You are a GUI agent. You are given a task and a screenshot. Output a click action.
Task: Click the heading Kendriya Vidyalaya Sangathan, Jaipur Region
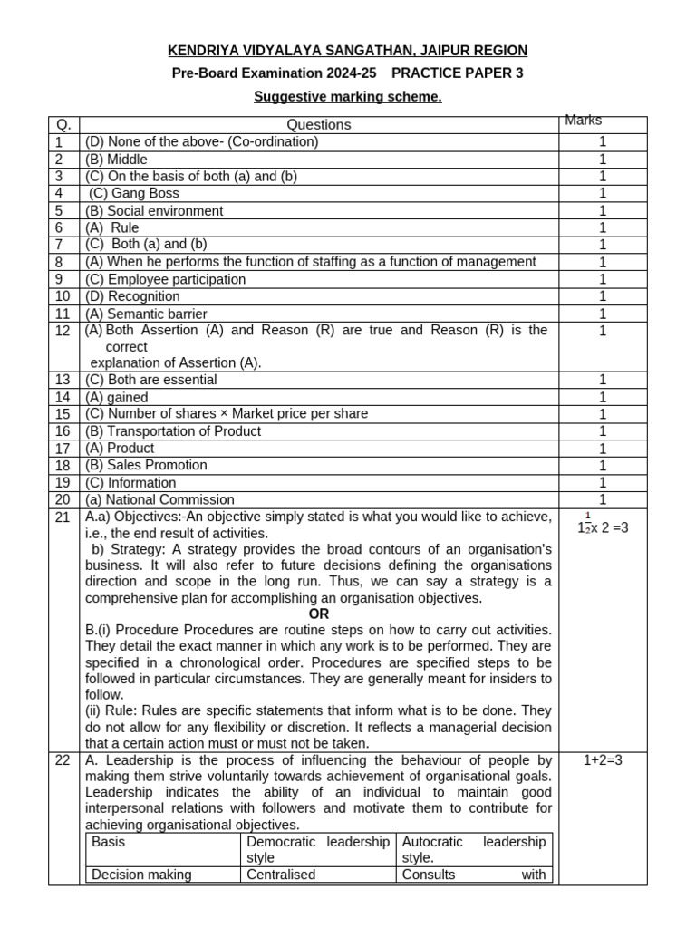tap(348, 51)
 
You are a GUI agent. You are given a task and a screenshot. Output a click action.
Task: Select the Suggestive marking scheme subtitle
tap(348, 97)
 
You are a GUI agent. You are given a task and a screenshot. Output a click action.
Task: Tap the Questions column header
tap(319, 125)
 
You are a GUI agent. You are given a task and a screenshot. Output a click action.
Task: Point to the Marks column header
tap(584, 121)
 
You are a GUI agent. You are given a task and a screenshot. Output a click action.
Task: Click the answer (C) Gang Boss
tap(134, 193)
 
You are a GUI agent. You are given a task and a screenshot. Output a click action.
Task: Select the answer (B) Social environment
tap(154, 210)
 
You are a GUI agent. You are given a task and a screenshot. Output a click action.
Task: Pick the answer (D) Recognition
tap(132, 296)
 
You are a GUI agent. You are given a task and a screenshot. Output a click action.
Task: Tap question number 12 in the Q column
tap(63, 331)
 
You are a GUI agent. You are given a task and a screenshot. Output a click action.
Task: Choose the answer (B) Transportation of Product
tap(173, 431)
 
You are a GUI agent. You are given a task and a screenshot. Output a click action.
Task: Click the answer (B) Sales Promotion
tap(146, 465)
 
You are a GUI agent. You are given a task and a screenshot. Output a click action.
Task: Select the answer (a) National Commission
tap(159, 499)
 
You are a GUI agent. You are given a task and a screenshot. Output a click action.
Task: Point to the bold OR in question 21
tap(319, 614)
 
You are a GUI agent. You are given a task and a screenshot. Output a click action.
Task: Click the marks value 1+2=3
tap(602, 760)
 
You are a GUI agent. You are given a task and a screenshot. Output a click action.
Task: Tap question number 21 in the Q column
tap(63, 517)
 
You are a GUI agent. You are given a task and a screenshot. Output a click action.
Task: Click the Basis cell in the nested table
tap(109, 842)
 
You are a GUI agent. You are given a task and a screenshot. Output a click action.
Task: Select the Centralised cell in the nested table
tap(281, 875)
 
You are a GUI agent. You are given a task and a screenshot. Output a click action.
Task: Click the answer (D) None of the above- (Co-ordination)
tap(201, 141)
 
